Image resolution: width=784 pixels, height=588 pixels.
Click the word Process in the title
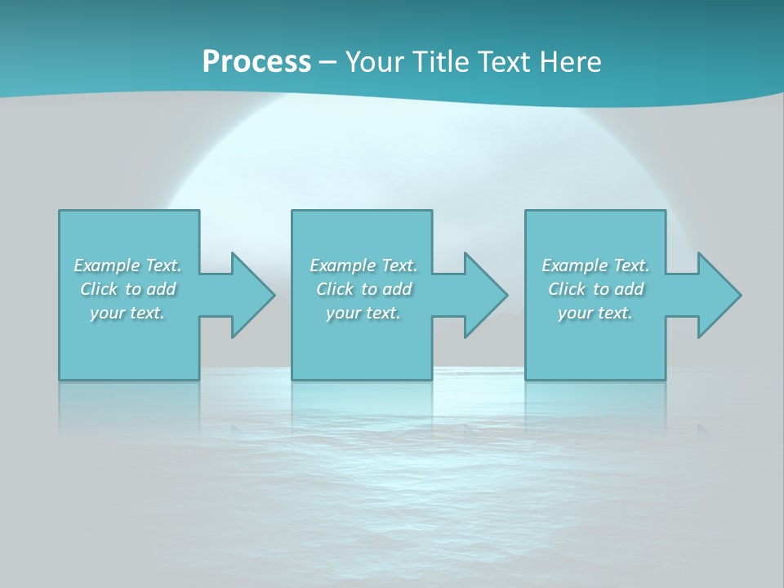pos(256,62)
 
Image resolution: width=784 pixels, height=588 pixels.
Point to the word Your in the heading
pos(375,62)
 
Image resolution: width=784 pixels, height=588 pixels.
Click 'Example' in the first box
pos(107,265)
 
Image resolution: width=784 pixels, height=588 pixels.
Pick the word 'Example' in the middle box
pos(343,265)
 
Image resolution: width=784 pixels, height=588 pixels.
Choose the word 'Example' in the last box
pos(575,265)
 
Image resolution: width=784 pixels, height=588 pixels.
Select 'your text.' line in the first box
pos(127,313)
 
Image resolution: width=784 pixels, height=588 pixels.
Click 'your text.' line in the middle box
pos(363,313)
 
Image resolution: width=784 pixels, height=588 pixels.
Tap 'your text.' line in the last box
pos(595,313)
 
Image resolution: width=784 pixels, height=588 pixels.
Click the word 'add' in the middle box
pos(397,289)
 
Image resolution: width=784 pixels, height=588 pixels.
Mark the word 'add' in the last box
pos(629,289)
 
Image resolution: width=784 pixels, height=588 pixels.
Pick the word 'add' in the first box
pos(161,289)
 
